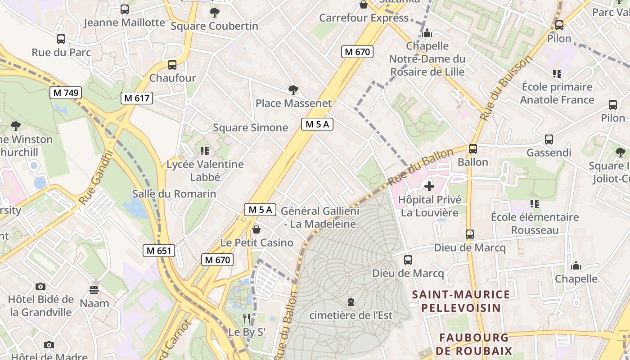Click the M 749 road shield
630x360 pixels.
pyautogui.click(x=66, y=93)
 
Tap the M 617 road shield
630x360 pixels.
pyautogui.click(x=137, y=98)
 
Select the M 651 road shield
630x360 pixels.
pyautogui.click(x=159, y=251)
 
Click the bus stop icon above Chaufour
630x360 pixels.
pyautogui.click(x=172, y=65)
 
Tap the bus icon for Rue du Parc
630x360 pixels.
pyautogui.click(x=61, y=39)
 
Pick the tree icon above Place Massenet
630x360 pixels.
pyautogui.click(x=293, y=90)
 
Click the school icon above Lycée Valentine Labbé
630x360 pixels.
pyautogui.click(x=205, y=151)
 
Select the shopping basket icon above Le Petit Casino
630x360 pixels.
pyautogui.click(x=256, y=229)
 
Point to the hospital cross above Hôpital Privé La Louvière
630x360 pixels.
pyautogui.click(x=429, y=186)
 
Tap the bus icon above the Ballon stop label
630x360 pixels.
pyautogui.click(x=473, y=149)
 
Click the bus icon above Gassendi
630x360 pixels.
pyautogui.click(x=549, y=139)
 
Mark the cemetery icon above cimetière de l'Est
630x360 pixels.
pyautogui.click(x=351, y=302)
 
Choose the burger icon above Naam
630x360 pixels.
pyautogui.click(x=94, y=289)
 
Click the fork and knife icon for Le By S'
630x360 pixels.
pyautogui.click(x=247, y=319)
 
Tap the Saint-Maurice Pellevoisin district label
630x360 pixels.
pyautogui.click(x=461, y=301)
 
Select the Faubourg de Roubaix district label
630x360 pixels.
pyautogui.click(x=474, y=344)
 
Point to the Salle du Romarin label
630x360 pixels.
pyautogui.click(x=174, y=194)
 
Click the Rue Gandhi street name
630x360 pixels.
pyautogui.click(x=95, y=178)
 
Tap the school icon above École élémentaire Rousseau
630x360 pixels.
pyautogui.click(x=535, y=204)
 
